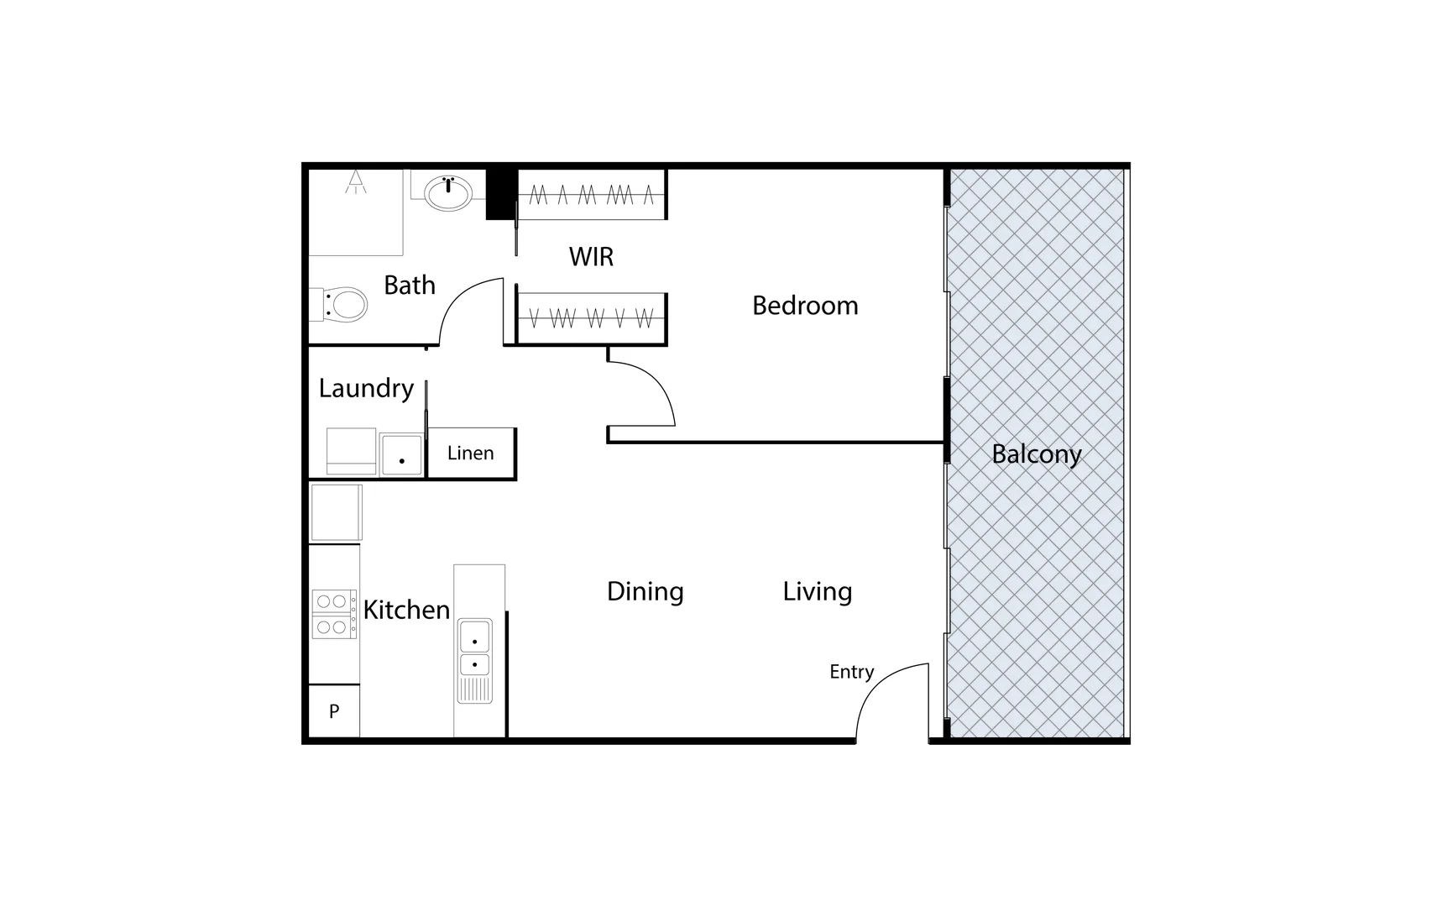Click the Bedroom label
[x=805, y=306]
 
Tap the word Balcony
[x=1036, y=454]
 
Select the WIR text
[x=591, y=257]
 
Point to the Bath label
[x=410, y=286]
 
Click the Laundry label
[x=366, y=388]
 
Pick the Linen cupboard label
[x=470, y=453]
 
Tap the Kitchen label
[x=406, y=610]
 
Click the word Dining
[x=645, y=592]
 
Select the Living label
[x=817, y=592]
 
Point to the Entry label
[x=851, y=672]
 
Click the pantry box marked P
[x=334, y=711]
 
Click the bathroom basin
[x=447, y=193]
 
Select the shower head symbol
[x=357, y=181]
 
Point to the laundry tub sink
[x=402, y=454]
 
